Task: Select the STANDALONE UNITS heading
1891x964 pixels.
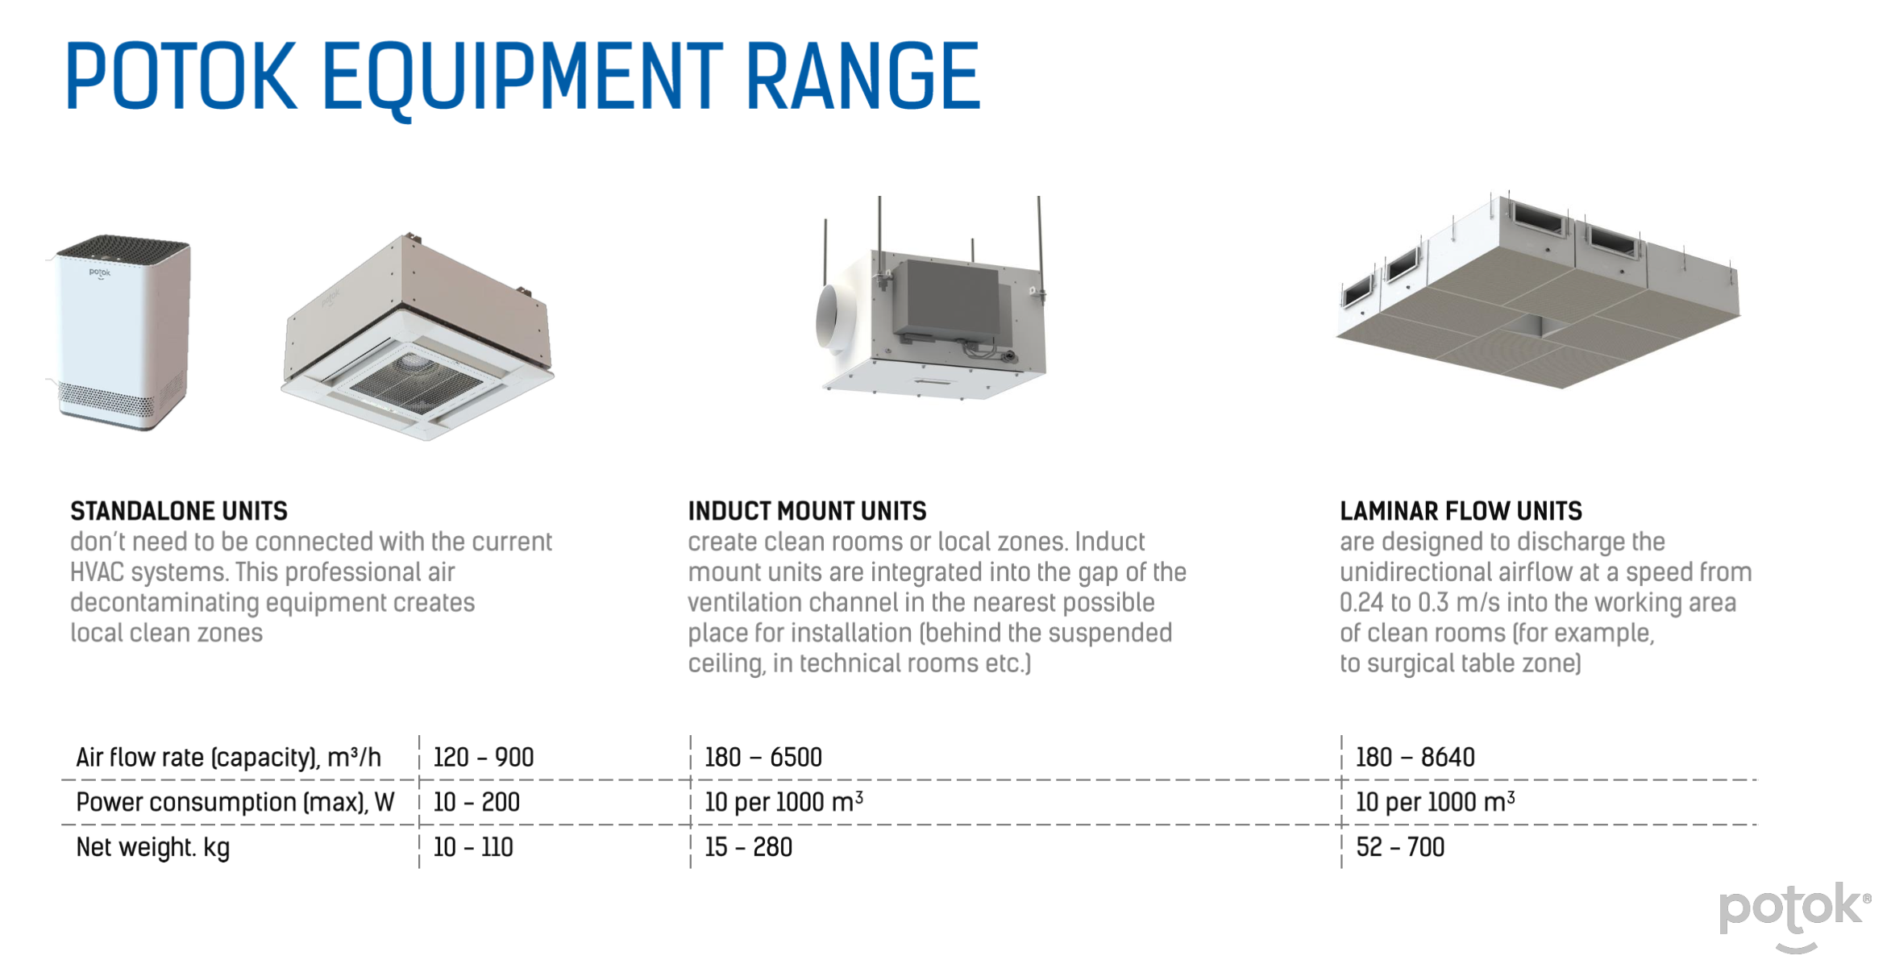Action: coord(179,511)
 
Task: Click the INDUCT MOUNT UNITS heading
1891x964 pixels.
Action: coord(807,511)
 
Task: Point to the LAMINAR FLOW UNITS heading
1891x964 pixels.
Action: coord(1461,511)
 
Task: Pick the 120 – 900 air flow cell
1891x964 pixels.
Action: coord(484,757)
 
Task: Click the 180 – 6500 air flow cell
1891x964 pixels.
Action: coord(763,757)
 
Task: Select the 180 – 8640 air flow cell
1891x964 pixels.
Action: coord(1415,757)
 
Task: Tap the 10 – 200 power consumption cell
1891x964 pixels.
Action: coord(476,802)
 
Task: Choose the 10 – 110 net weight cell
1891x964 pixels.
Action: coord(473,847)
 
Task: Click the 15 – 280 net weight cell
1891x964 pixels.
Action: coord(748,847)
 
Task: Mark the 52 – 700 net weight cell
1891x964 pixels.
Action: coord(1400,847)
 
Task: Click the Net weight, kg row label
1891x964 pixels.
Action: coord(153,848)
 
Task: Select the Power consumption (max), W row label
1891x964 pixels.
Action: coord(235,803)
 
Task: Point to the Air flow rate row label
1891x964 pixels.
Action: coord(228,758)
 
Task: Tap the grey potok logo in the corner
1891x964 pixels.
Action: coord(1795,916)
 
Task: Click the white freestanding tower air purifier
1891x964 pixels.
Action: coord(121,332)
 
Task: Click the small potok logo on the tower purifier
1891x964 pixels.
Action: coord(100,273)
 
